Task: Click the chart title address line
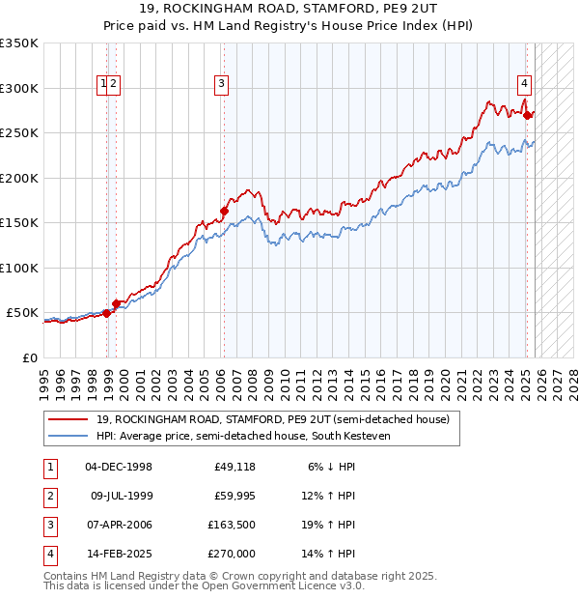coord(289,10)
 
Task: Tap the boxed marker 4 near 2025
coord(524,83)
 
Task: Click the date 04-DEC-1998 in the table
coord(119,466)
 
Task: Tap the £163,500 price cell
coord(232,525)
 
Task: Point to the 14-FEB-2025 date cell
coord(119,554)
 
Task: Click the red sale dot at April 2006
coord(224,210)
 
